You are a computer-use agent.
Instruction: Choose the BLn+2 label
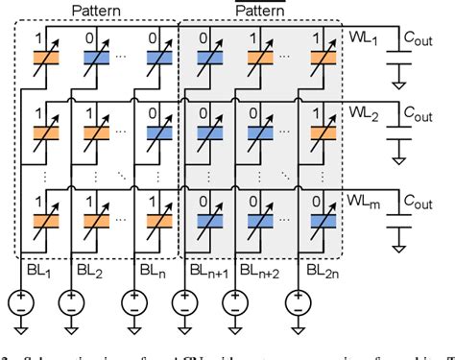[x=251, y=272]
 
